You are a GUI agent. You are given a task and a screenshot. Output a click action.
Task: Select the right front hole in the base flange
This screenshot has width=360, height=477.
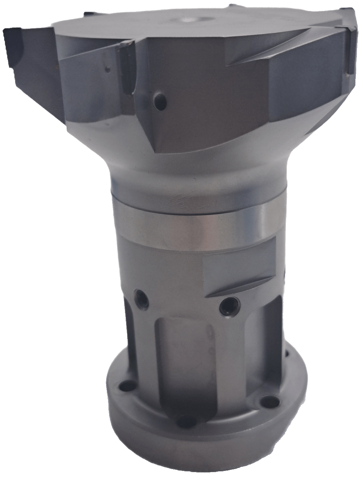(x=267, y=399)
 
